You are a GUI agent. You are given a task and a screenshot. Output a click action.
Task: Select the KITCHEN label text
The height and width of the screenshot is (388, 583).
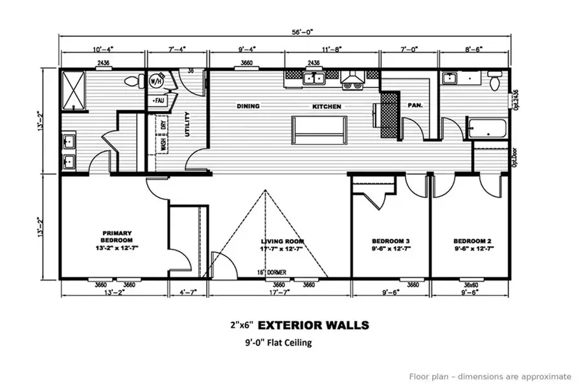tap(327, 106)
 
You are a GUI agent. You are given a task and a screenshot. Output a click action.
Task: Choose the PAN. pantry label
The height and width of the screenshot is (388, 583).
tap(415, 105)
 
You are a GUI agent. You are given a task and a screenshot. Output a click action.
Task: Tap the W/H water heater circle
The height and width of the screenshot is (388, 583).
tap(156, 82)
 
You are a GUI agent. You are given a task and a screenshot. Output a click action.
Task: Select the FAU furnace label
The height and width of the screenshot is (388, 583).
tap(158, 101)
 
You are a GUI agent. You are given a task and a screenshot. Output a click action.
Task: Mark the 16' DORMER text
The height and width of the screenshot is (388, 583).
tap(272, 273)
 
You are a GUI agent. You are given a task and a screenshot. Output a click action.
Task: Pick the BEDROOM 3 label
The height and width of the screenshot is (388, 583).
tap(390, 244)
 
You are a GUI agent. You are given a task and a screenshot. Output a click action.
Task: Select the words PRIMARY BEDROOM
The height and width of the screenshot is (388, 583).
tap(117, 236)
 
